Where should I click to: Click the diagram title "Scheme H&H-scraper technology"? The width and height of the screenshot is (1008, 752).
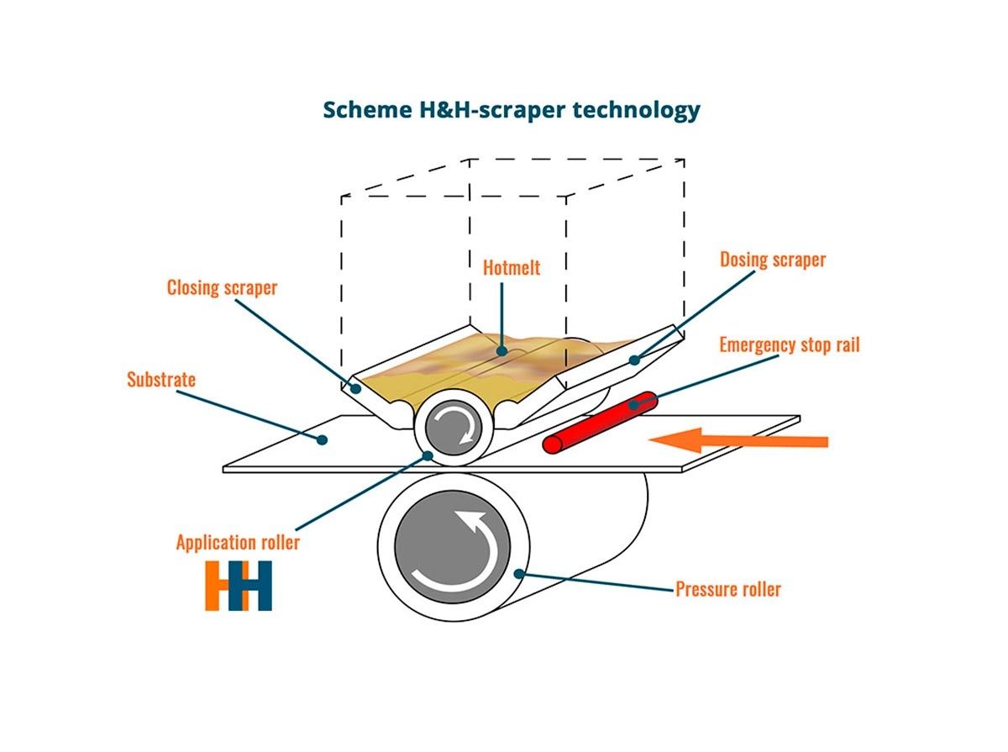[511, 110]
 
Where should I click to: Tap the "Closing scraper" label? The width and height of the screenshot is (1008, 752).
[222, 288]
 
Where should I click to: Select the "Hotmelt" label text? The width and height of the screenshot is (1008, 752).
[511, 268]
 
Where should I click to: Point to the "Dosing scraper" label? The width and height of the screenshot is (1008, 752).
[773, 260]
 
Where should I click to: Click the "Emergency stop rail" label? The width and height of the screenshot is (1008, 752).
[789, 344]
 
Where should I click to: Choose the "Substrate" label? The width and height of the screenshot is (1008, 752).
[161, 380]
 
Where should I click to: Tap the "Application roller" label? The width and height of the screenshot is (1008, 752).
[238, 542]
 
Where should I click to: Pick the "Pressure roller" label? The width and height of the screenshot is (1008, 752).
[728, 589]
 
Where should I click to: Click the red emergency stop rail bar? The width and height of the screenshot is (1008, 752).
[600, 422]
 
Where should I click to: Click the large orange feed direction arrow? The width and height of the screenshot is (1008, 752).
[738, 440]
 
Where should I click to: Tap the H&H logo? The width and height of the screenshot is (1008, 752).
[239, 586]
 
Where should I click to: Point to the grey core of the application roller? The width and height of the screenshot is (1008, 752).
[454, 427]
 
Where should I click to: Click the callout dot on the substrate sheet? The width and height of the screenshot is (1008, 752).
[323, 439]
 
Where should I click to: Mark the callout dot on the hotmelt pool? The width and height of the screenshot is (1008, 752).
[502, 351]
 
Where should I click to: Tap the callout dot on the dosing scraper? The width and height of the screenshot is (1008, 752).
[635, 360]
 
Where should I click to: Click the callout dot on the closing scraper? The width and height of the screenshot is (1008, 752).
[355, 389]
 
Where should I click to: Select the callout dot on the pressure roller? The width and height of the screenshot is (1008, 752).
[519, 573]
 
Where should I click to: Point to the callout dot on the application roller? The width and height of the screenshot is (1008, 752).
[428, 455]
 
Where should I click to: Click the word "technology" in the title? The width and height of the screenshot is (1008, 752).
[637, 111]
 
